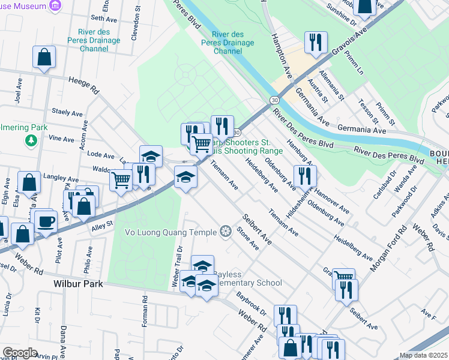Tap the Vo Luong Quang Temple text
pos(171,232)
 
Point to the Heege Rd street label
pos(83,85)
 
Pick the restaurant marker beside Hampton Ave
pos(315,43)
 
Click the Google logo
pos(20,353)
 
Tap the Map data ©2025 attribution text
pos(423,355)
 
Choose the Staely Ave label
pos(67,112)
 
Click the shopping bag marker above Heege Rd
pos(44,58)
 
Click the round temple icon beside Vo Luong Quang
pos(226,232)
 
